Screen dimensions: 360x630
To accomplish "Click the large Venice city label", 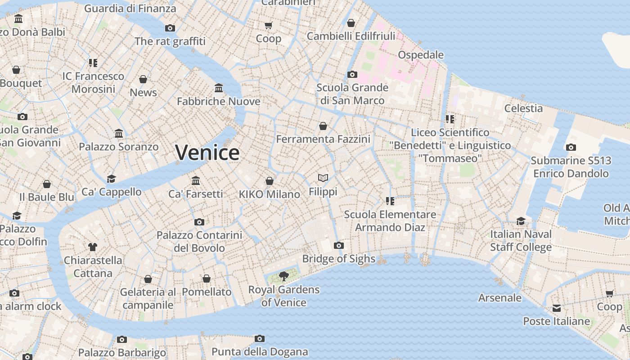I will (207, 153).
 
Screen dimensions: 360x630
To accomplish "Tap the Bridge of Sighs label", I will (338, 259).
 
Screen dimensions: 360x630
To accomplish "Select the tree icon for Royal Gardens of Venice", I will (283, 276).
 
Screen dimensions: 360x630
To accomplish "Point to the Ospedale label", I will (421, 55).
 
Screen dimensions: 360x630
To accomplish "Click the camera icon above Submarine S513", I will (571, 147).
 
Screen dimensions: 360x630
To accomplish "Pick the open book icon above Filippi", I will (323, 178).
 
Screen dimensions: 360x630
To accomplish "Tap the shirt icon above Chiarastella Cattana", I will (93, 247).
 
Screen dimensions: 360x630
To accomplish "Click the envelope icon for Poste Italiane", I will (557, 308).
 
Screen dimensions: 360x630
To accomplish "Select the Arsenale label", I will (500, 298).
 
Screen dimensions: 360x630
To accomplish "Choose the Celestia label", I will (523, 108).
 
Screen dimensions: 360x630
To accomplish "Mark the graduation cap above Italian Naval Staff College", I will (521, 221).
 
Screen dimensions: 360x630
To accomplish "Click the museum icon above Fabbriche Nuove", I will (219, 87).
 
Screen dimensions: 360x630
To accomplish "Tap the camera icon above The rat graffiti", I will (170, 28).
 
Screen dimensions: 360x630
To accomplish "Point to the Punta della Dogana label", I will (260, 352).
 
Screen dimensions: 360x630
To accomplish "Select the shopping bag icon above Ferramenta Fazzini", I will (323, 126).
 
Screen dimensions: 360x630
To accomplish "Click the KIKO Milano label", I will (269, 194).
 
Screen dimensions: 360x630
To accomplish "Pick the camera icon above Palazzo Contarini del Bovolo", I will (199, 222).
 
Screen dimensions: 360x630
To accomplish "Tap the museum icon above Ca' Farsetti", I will (196, 180).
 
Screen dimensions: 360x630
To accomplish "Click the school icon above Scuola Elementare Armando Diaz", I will (390, 201).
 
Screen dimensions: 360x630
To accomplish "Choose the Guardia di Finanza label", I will (130, 8).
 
